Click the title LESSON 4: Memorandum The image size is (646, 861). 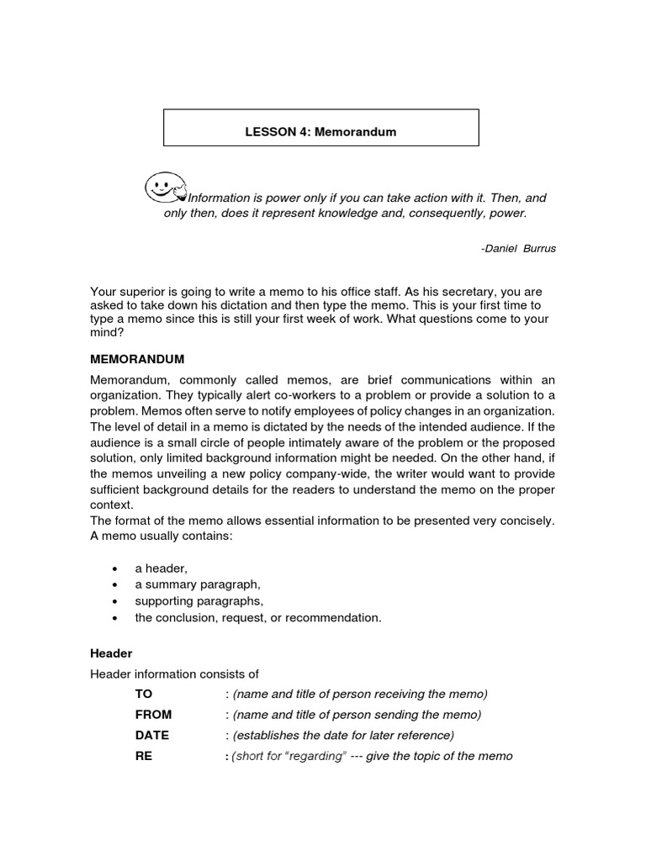320,132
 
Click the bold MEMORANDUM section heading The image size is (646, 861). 137,359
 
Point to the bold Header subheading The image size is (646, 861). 111,653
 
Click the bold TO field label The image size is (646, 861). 144,694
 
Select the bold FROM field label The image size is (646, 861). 153,715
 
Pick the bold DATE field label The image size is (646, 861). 151,735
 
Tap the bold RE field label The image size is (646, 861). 144,756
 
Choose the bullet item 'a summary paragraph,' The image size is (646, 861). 198,585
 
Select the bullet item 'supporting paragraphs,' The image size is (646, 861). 199,601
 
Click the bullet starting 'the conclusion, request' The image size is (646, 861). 257,618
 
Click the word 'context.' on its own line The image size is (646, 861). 113,505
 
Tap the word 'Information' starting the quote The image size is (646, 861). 220,198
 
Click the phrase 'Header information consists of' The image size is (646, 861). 174,673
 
